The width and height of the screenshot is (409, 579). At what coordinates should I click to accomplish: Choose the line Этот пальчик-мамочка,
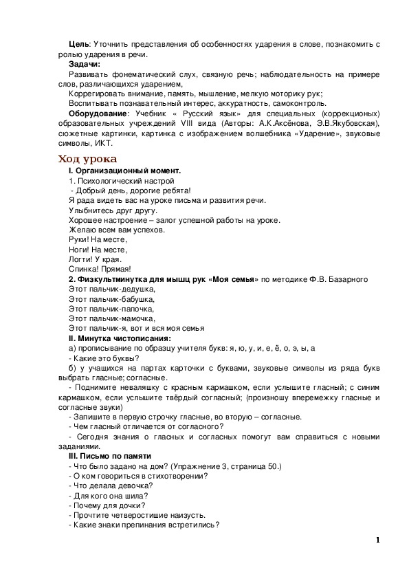point(112,318)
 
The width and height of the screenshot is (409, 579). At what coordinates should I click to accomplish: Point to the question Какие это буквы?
point(104,358)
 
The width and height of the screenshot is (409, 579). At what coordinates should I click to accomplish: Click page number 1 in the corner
point(377,539)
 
